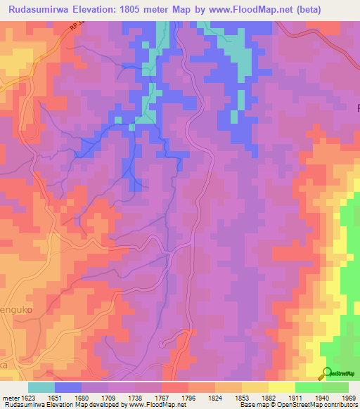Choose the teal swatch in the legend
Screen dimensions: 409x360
41,387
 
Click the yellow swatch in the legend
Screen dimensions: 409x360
281,387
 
